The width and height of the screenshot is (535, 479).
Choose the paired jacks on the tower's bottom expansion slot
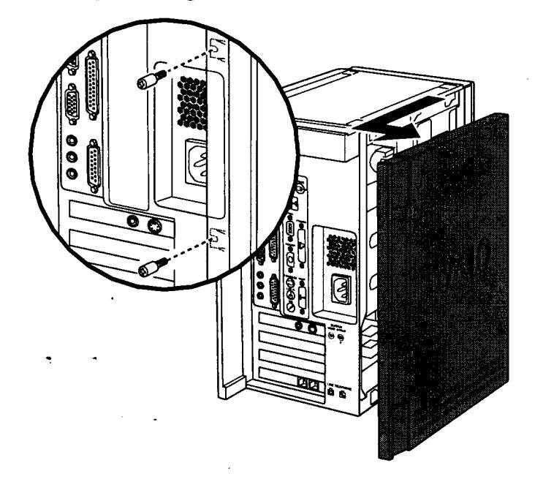tap(307, 382)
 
